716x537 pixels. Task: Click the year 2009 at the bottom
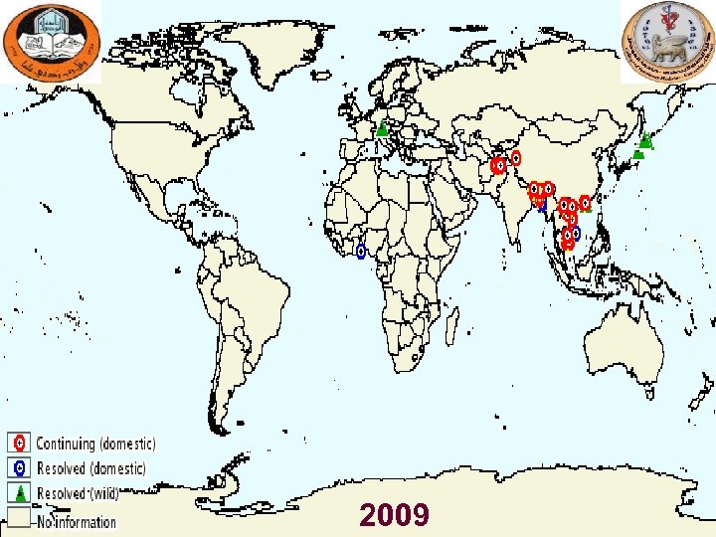[x=395, y=515]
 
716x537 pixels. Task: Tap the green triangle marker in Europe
[x=381, y=127]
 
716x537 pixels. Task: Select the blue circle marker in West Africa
[x=361, y=252]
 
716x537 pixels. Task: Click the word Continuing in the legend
[x=67, y=444]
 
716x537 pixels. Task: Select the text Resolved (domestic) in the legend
[x=90, y=468]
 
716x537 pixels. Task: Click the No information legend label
[x=77, y=521]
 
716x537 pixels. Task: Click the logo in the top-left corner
[x=50, y=43]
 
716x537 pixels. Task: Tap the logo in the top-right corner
[x=666, y=42]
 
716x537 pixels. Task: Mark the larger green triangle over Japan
[x=645, y=140]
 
